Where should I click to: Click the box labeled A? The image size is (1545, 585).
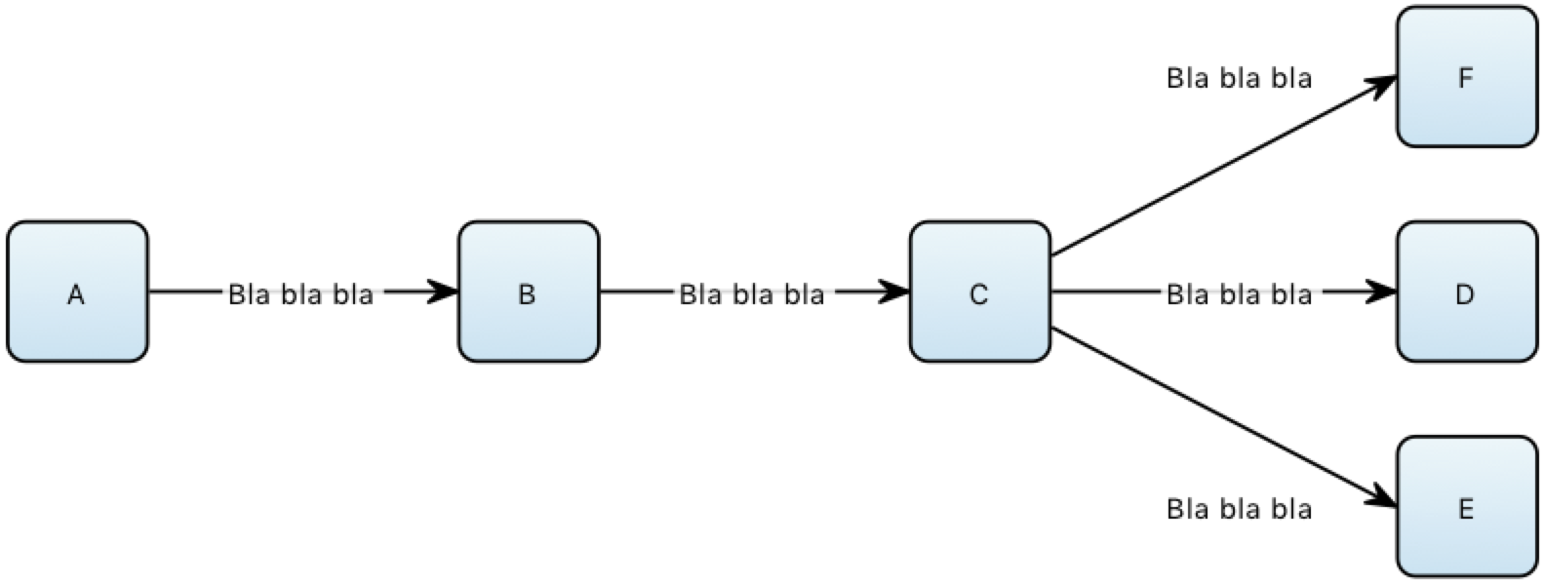(77, 292)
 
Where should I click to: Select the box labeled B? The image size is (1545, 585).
(528, 292)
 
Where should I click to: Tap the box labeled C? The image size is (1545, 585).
(979, 292)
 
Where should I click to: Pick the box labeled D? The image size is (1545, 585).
(1466, 292)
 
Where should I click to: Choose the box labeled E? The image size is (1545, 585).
(1466, 506)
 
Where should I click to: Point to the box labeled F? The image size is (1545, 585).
(1466, 77)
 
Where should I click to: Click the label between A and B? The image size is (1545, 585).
(300, 293)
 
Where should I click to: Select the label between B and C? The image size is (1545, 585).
(751, 292)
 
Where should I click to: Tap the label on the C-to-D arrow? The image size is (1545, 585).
(1239, 292)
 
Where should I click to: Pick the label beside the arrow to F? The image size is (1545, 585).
(1239, 78)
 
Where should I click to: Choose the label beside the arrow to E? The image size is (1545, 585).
(1239, 508)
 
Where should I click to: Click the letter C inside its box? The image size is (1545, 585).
(979, 294)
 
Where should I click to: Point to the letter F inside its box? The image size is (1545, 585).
(1466, 79)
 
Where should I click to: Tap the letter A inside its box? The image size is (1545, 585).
(76, 294)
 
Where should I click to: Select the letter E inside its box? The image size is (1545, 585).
(1466, 509)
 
